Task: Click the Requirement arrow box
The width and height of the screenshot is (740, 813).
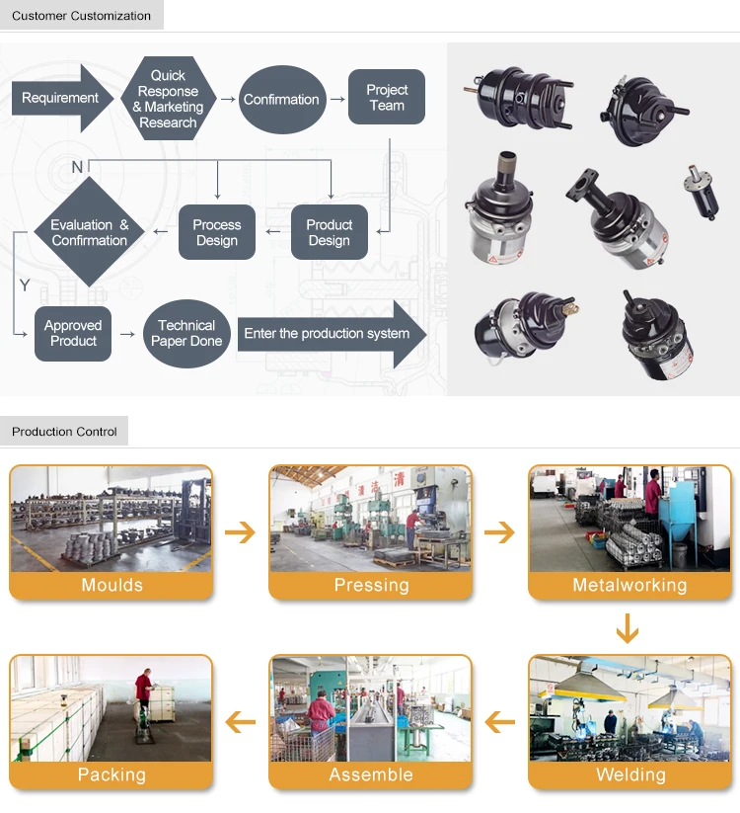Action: (61, 99)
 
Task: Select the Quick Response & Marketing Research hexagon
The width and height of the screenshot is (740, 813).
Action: (168, 99)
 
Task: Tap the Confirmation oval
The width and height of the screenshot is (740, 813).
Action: (281, 99)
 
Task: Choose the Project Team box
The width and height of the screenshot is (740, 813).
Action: (387, 97)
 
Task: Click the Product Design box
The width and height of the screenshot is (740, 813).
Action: (329, 232)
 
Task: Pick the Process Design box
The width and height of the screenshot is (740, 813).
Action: (217, 232)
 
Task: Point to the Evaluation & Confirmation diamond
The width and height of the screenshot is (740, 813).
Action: (90, 232)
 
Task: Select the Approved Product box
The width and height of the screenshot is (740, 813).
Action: (73, 333)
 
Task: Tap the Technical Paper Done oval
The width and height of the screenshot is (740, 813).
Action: (185, 333)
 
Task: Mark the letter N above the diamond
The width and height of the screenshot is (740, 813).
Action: (77, 167)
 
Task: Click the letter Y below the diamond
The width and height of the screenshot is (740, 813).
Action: (25, 285)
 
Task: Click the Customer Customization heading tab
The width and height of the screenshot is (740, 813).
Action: (82, 16)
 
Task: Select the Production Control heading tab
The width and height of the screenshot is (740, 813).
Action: (65, 432)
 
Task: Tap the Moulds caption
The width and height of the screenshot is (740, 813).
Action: (111, 586)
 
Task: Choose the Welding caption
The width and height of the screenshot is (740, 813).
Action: (630, 774)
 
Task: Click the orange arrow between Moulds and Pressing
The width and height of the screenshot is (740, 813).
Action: (240, 533)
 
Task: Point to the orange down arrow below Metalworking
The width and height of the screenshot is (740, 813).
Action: (627, 628)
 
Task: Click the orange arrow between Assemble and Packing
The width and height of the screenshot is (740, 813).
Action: (240, 722)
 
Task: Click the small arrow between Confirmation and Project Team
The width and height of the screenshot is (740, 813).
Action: (336, 99)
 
